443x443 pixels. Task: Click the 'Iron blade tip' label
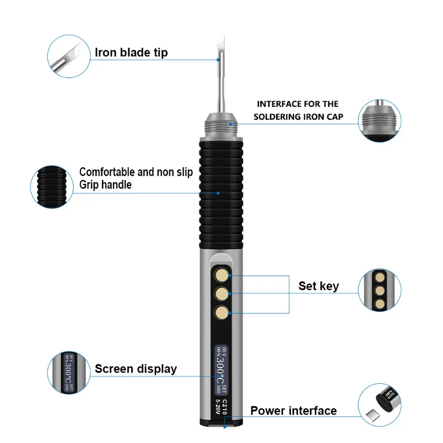click(x=131, y=53)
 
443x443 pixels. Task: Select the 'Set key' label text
click(x=318, y=286)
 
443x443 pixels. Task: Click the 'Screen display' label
click(x=136, y=369)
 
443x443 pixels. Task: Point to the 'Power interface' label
click(x=293, y=411)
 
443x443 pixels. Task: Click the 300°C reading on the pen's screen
click(x=220, y=366)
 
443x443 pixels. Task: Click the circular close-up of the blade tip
click(x=69, y=54)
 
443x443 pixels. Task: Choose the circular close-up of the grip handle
click(x=53, y=186)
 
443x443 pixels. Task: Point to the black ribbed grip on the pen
click(x=221, y=194)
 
